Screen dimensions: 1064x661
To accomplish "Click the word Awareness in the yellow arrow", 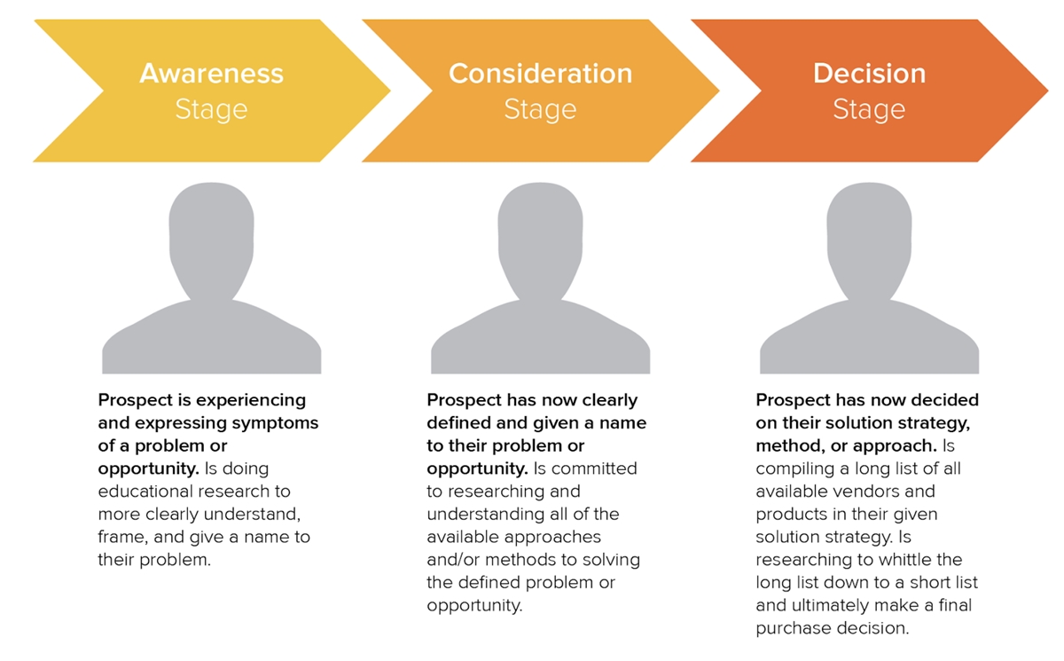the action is pos(211,74).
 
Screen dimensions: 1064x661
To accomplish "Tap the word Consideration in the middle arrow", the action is pos(541,74).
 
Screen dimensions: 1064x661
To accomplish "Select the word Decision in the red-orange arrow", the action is pos(869,74).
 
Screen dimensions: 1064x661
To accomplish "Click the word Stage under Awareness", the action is pos(211,110).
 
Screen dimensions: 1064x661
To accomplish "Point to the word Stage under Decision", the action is pos(869,110).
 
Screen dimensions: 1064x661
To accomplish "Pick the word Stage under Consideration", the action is pos(541,110).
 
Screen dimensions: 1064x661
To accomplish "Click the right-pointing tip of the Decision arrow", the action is pos(1047,90).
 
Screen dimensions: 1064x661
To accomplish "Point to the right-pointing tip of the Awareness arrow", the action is pos(390,90).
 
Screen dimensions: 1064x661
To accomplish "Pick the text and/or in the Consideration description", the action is pos(453,560).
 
